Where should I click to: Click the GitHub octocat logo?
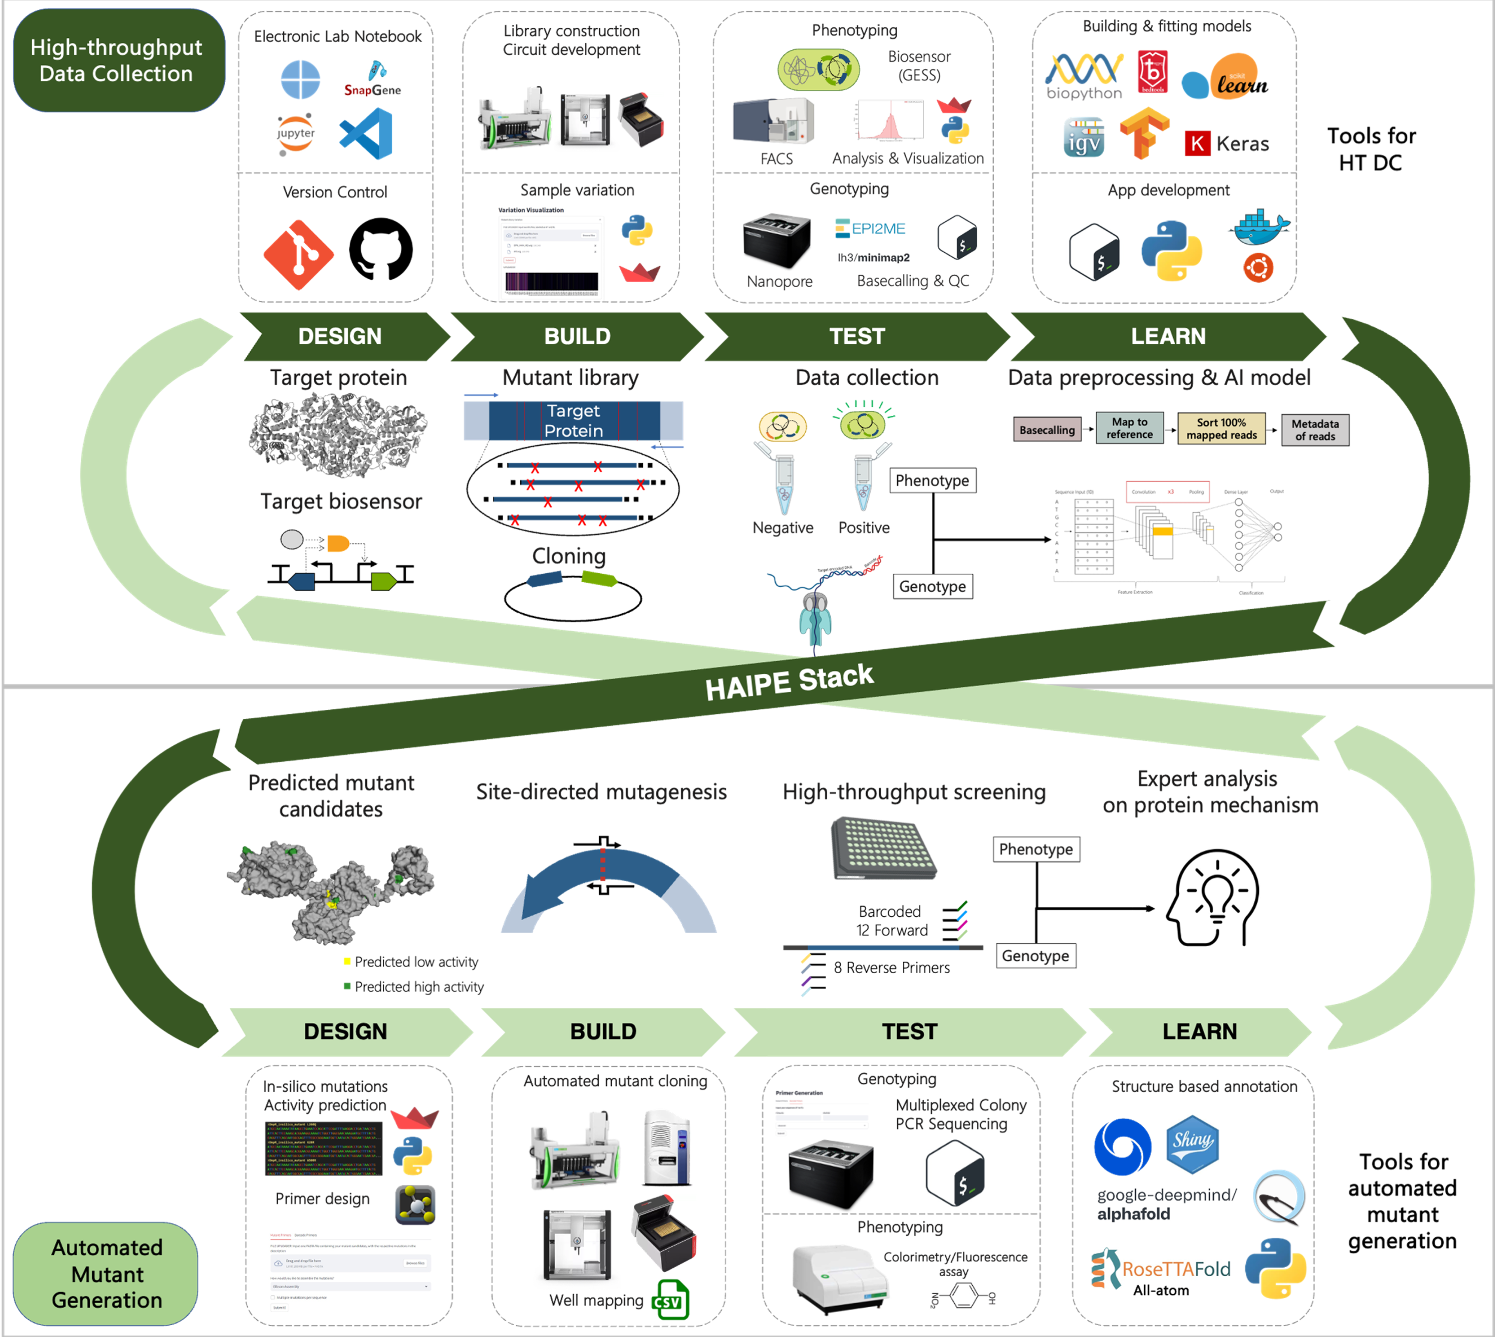(380, 249)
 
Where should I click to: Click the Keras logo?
(1227, 143)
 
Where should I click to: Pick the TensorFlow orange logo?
(1143, 133)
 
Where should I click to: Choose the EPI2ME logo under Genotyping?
(871, 228)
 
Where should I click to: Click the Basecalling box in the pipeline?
(1047, 430)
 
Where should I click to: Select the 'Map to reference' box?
(1129, 428)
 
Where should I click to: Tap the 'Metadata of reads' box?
(1315, 430)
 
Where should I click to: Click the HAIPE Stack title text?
(789, 682)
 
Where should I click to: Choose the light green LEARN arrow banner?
(1199, 1031)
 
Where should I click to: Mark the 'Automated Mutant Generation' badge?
(107, 1274)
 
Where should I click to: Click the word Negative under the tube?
(783, 527)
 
